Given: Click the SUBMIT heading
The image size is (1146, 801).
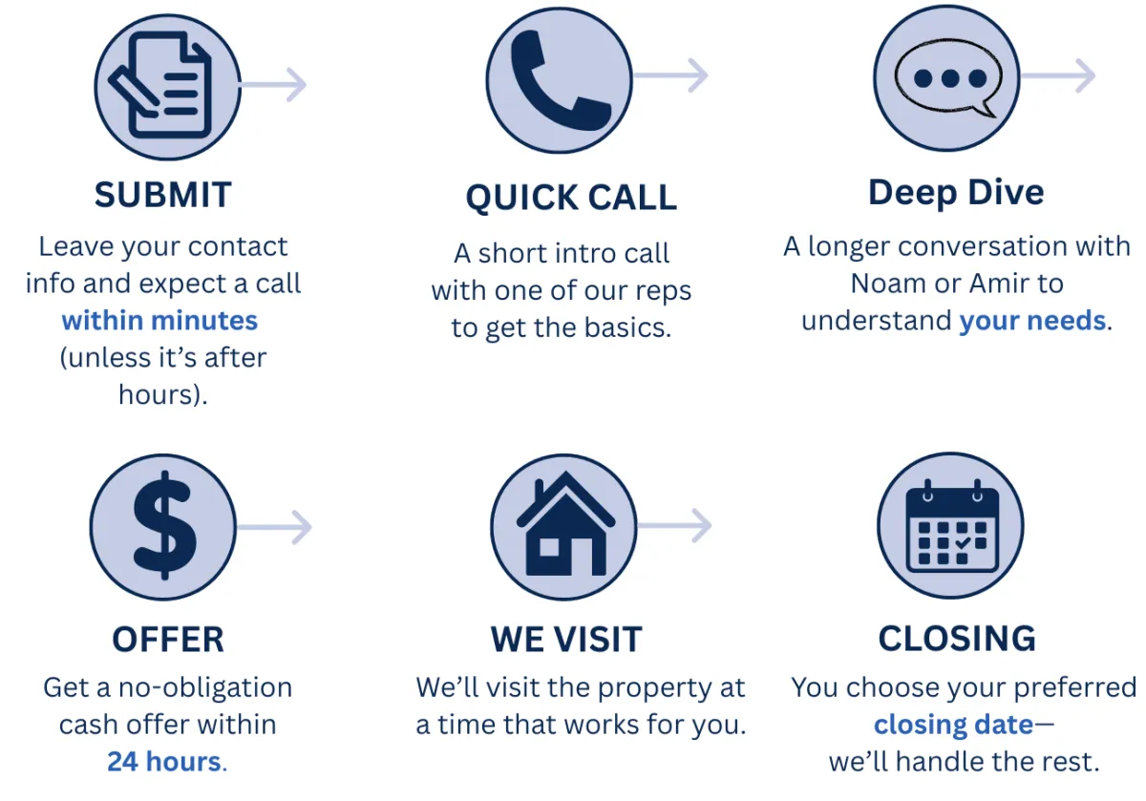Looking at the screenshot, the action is [163, 195].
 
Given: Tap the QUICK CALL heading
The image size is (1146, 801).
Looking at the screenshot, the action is [571, 198].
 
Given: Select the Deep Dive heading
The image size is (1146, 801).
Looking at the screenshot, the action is [956, 193].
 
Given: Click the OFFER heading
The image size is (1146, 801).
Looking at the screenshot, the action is [168, 640].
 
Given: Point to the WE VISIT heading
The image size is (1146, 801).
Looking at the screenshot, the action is [566, 639].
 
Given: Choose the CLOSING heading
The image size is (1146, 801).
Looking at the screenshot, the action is [957, 639].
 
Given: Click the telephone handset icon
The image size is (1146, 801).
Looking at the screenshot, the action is [558, 81].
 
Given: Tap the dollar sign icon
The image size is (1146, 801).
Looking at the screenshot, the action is [164, 525].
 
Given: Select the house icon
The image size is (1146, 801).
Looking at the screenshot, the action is [565, 523].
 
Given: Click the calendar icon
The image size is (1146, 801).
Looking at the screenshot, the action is [952, 526].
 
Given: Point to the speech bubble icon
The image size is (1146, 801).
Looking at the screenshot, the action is [948, 78].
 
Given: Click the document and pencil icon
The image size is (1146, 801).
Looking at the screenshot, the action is [159, 85].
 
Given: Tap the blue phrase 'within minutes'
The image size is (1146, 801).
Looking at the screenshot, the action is [159, 321].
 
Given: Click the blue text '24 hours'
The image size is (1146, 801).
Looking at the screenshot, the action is [164, 761].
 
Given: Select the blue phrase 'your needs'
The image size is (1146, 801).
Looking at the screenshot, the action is [1032, 321].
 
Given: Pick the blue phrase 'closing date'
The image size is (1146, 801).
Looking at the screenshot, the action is [954, 725].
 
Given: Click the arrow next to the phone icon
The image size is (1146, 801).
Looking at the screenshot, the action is [670, 75].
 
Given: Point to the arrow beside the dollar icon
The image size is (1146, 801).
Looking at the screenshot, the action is [274, 527].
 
